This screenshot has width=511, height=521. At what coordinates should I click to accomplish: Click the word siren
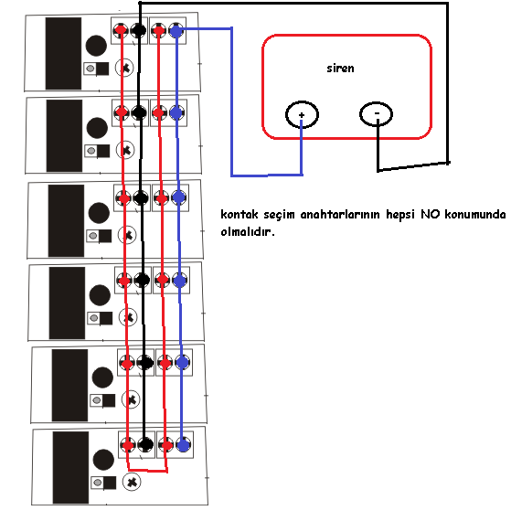coord(340,69)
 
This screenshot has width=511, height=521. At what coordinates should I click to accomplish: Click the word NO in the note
coord(431,214)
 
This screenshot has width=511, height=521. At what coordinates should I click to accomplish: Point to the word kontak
coord(240,214)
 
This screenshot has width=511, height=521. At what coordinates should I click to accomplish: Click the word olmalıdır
coord(248,231)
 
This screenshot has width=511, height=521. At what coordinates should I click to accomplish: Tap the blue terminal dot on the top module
coord(176,31)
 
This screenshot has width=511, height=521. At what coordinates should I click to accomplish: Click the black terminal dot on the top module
coord(138,30)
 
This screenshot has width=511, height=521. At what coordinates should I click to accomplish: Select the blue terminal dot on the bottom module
coord(183,445)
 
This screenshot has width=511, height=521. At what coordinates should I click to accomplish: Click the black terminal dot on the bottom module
coord(145,444)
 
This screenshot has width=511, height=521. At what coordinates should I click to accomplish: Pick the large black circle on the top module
coord(96,46)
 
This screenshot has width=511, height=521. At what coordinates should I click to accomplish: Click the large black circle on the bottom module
coord(103,460)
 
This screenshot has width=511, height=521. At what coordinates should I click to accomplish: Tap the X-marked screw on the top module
coord(124,68)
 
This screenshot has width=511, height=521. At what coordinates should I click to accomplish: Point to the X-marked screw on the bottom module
coord(132,482)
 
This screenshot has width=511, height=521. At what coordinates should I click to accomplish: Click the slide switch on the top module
coord(96,69)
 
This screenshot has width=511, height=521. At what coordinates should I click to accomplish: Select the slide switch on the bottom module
coord(103,483)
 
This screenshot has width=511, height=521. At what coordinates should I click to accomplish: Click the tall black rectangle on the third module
coord(66,221)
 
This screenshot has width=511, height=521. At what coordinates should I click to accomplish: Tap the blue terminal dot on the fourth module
coord(180,280)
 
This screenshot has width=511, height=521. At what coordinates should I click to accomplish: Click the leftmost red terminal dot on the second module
coord(122,112)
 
